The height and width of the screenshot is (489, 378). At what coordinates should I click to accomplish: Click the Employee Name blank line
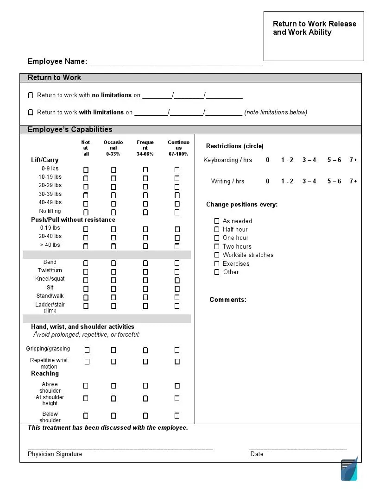tap(176, 62)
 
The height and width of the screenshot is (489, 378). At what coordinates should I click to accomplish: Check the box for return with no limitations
tap(31, 95)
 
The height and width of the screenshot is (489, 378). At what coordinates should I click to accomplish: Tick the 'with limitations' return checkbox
tap(31, 113)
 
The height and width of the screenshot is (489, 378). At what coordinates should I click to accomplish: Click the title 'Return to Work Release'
tap(315, 24)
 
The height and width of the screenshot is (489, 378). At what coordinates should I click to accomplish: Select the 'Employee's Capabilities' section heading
tap(70, 130)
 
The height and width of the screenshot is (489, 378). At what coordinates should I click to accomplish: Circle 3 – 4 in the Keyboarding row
tap(309, 160)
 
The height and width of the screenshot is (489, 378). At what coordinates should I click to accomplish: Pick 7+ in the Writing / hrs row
tap(353, 182)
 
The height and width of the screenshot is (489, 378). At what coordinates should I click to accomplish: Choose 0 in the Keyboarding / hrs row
tap(268, 160)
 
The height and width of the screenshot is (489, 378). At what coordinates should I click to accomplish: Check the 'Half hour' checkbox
tap(217, 230)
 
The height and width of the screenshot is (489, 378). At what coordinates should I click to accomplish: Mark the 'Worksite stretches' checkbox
tap(217, 255)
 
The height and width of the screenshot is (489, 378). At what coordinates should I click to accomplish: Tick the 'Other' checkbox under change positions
tap(217, 272)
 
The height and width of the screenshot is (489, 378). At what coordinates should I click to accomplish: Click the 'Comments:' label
tap(228, 300)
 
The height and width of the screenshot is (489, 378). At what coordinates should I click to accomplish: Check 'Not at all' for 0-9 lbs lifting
tap(86, 170)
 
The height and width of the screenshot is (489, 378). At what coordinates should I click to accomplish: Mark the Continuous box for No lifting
tap(177, 213)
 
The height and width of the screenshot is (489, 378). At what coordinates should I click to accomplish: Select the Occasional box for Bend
tap(113, 263)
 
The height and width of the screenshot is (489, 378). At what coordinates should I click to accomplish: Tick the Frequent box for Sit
tap(145, 288)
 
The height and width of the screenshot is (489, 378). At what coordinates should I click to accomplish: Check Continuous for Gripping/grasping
tap(177, 351)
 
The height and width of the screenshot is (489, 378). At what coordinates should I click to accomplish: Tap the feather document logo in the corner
tap(349, 469)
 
